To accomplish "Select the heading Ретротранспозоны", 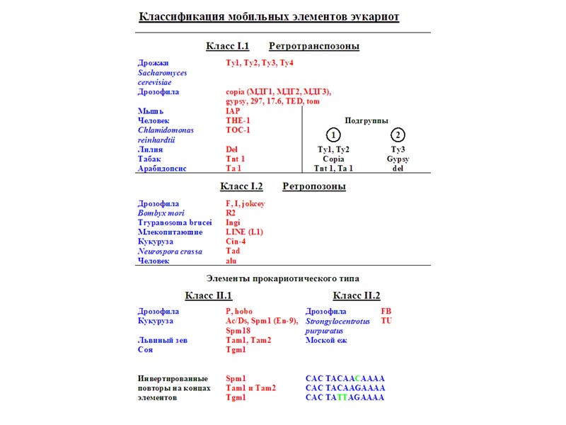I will tap(313, 47).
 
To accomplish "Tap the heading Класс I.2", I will tap(241, 187).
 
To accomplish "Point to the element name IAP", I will tap(233, 111).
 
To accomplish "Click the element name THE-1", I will tap(238, 120).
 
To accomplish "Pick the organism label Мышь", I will tap(151, 111).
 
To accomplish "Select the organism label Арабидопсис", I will tap(162, 169).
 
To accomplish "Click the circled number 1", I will tap(333, 135).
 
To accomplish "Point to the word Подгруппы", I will tap(366, 120).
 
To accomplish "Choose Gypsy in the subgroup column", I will tap(398, 159).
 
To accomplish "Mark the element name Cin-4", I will tap(236, 242).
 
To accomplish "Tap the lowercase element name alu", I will tap(231, 261).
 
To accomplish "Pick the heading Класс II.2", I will tap(356, 295).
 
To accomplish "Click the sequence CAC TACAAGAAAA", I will tap(345, 388).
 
